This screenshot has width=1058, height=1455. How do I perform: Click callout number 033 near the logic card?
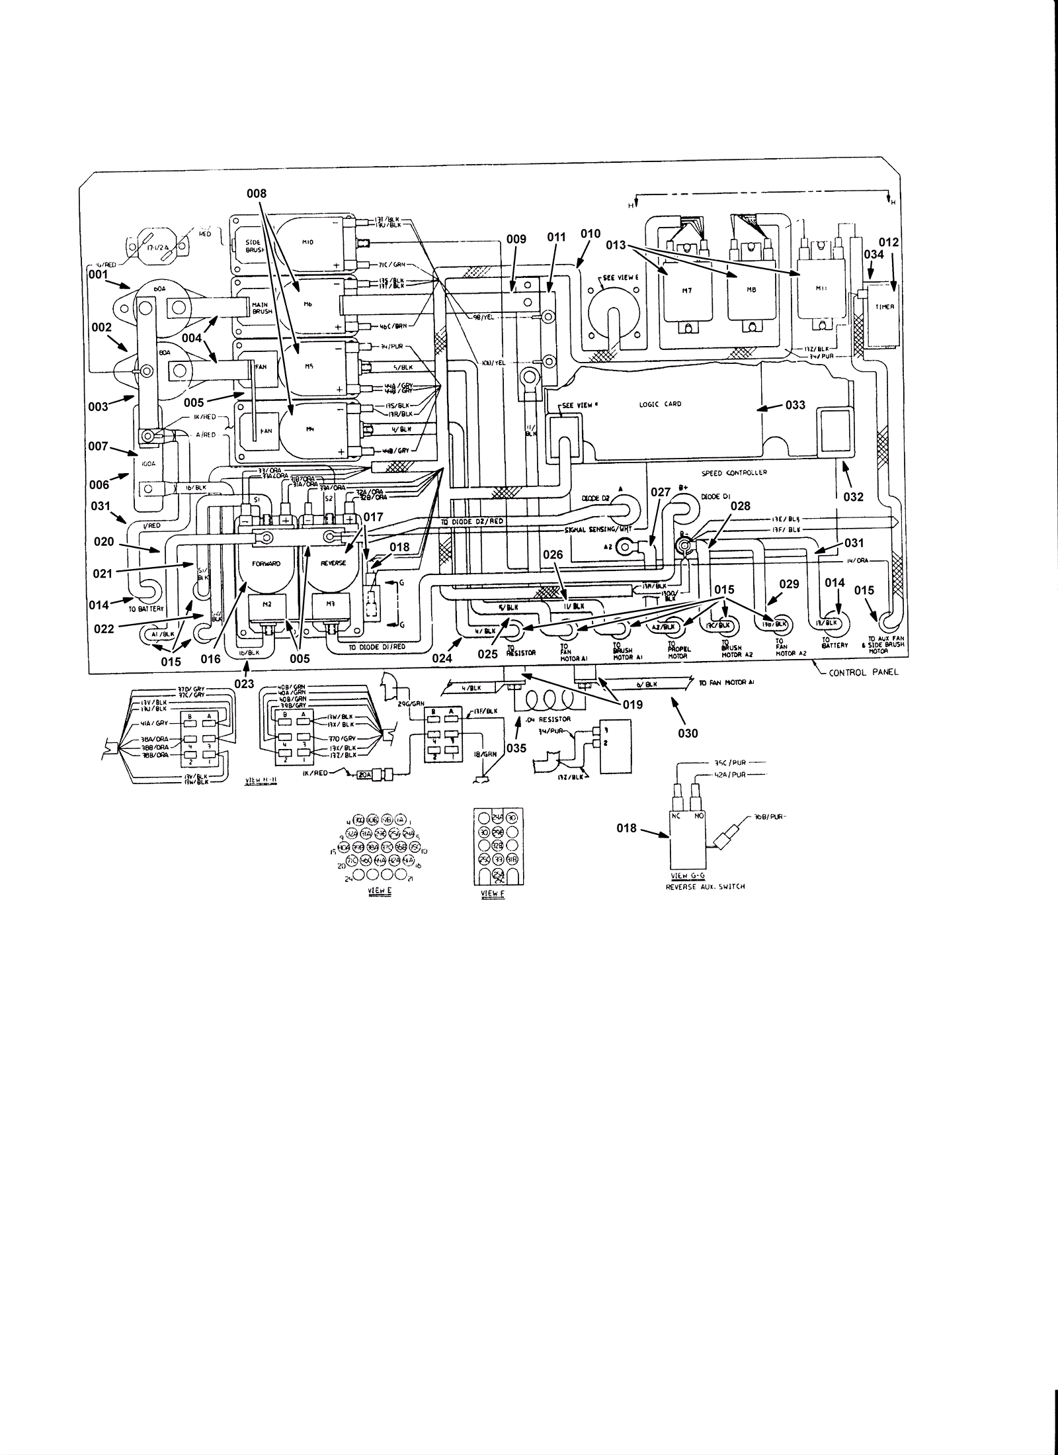click(x=795, y=404)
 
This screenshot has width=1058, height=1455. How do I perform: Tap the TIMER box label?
click(x=884, y=307)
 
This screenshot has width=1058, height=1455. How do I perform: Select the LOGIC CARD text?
click(x=660, y=404)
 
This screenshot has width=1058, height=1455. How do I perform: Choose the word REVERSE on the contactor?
click(x=333, y=563)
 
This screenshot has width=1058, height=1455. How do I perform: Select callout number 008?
click(x=257, y=193)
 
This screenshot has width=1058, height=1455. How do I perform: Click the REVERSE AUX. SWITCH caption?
click(x=705, y=887)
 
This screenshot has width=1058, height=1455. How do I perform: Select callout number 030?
click(x=688, y=734)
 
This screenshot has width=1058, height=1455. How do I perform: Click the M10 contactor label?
click(x=307, y=242)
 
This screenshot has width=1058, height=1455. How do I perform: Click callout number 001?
click(x=98, y=273)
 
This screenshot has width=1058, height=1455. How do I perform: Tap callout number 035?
click(x=516, y=748)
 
